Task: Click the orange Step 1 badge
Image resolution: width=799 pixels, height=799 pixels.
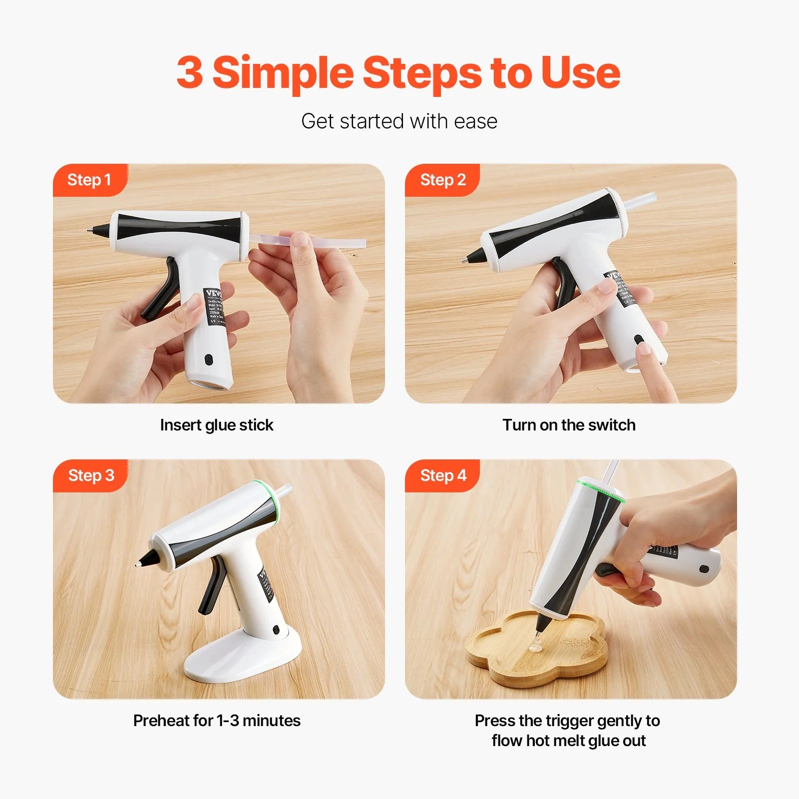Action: pyautogui.click(x=89, y=180)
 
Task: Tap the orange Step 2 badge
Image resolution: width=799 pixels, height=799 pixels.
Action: pyautogui.click(x=442, y=180)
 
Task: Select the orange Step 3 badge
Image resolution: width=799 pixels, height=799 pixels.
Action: pyautogui.click(x=91, y=475)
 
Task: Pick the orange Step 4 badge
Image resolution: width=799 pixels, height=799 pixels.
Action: pyautogui.click(x=443, y=475)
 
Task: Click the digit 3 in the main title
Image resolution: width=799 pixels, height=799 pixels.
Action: pyautogui.click(x=190, y=73)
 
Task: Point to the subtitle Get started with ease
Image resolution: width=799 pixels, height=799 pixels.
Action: pyautogui.click(x=399, y=121)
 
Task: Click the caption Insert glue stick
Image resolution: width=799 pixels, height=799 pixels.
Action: pyautogui.click(x=216, y=425)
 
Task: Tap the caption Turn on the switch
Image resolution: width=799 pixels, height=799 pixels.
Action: pyautogui.click(x=569, y=425)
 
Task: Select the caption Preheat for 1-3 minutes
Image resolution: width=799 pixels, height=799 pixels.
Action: pyautogui.click(x=216, y=721)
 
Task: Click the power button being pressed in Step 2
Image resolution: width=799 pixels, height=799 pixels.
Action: pyautogui.click(x=639, y=340)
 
